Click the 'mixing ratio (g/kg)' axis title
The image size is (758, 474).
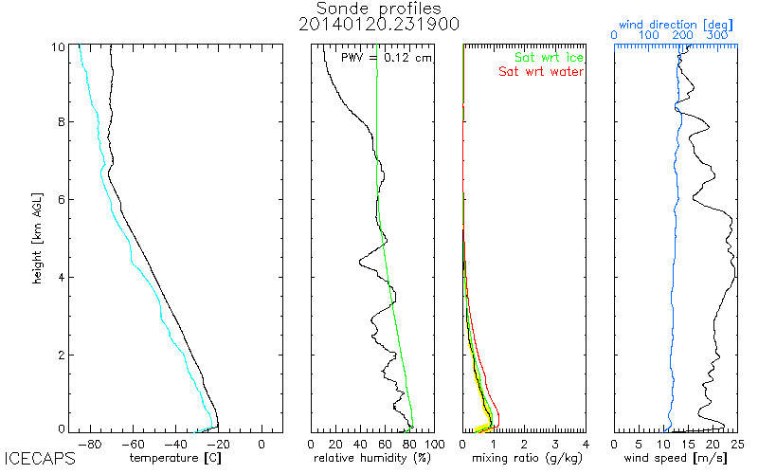(524, 458)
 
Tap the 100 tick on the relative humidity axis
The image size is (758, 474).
(434, 443)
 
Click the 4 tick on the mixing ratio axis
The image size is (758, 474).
(586, 443)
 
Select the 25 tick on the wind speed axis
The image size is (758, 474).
(737, 443)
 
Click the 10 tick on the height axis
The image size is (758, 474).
(58, 46)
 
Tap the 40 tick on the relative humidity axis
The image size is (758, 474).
(361, 443)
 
